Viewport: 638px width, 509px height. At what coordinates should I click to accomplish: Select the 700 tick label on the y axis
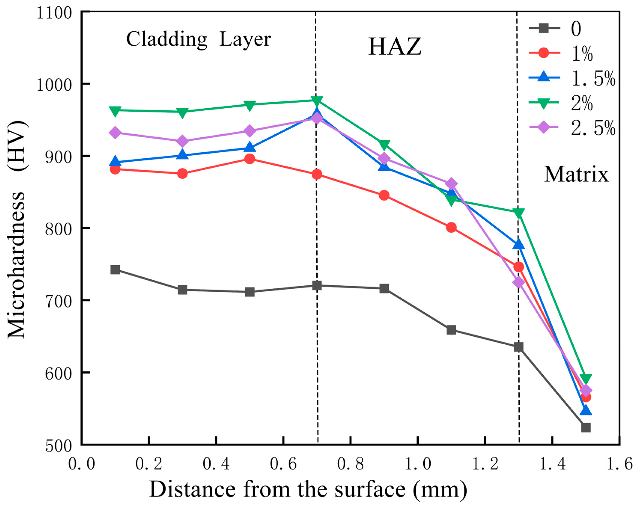click(x=59, y=301)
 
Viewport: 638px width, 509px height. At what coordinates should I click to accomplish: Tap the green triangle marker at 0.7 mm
click(x=317, y=101)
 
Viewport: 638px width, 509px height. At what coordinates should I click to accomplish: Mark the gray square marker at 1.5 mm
click(x=586, y=428)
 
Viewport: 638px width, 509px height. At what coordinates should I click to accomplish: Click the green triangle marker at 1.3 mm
click(x=518, y=212)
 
